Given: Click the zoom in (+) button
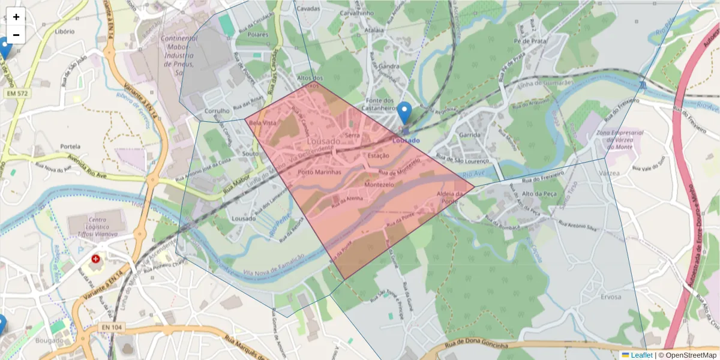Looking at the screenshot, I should pyautogui.click(x=16, y=17).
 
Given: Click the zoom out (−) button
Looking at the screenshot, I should pyautogui.click(x=16, y=35).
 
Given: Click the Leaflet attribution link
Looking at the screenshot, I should pyautogui.click(x=641, y=355).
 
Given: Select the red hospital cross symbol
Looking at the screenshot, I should pyautogui.click(x=95, y=259).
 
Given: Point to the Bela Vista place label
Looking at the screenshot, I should pyautogui.click(x=262, y=122).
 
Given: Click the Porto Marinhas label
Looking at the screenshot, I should pyautogui.click(x=319, y=172).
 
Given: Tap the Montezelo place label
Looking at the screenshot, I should pyautogui.click(x=379, y=185).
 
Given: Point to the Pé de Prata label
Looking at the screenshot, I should pyautogui.click(x=527, y=41).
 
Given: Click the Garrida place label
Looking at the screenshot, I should pyautogui.click(x=470, y=135).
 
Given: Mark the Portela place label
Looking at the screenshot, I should pyautogui.click(x=70, y=146).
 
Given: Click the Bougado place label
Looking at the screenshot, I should pyautogui.click(x=49, y=341).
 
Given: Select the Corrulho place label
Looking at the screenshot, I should pyautogui.click(x=217, y=111).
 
